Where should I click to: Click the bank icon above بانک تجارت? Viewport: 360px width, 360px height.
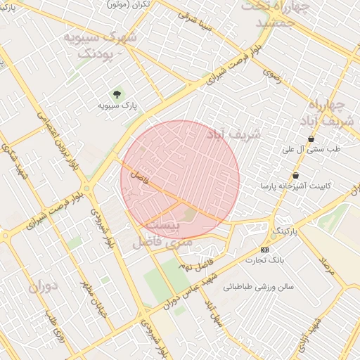pos(264,250)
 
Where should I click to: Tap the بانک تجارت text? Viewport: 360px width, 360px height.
pos(264,260)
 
